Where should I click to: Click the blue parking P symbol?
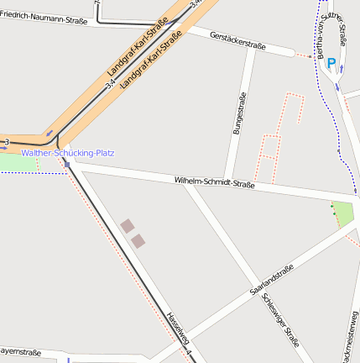click(331, 62)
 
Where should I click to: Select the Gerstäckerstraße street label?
click(238, 40)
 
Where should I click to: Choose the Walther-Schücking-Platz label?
click(68, 153)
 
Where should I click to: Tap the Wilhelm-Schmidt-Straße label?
click(214, 182)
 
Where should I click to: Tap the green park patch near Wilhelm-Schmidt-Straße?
click(342, 214)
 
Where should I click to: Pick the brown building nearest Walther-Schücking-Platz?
click(127, 225)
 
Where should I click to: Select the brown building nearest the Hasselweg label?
click(138, 241)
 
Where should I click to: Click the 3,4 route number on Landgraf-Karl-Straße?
click(111, 83)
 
